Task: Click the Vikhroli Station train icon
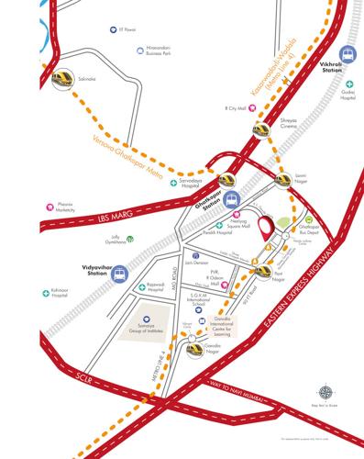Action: [x=347, y=56]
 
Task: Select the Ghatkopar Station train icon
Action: [x=232, y=196]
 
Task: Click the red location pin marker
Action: [x=268, y=226]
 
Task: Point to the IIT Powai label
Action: [x=113, y=31]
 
